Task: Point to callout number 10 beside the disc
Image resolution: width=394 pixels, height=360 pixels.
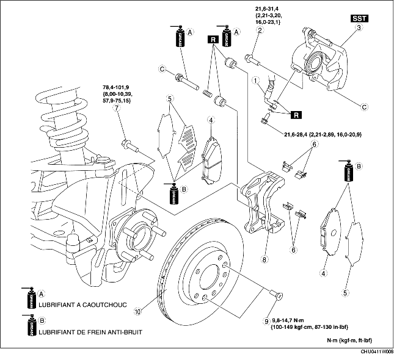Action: [138, 311]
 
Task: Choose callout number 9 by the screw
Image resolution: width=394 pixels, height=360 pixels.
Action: [267, 321]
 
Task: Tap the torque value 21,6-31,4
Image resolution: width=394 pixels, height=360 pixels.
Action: [268, 7]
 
